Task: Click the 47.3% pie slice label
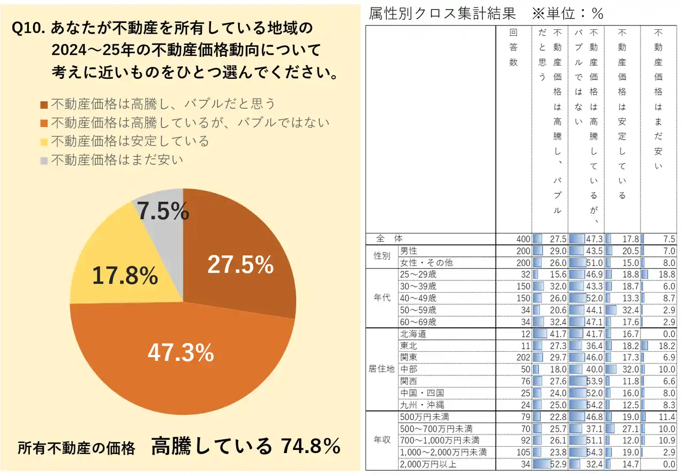pos(181,352)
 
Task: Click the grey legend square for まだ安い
pos(44,160)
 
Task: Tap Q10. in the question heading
pos(29,28)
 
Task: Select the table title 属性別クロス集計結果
pos(442,14)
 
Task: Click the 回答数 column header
pos(514,47)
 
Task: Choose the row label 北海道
pos(413,334)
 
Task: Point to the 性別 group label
pos(381,256)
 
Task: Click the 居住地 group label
pos(381,368)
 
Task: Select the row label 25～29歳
pos(418,274)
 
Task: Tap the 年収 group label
pos(381,440)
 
